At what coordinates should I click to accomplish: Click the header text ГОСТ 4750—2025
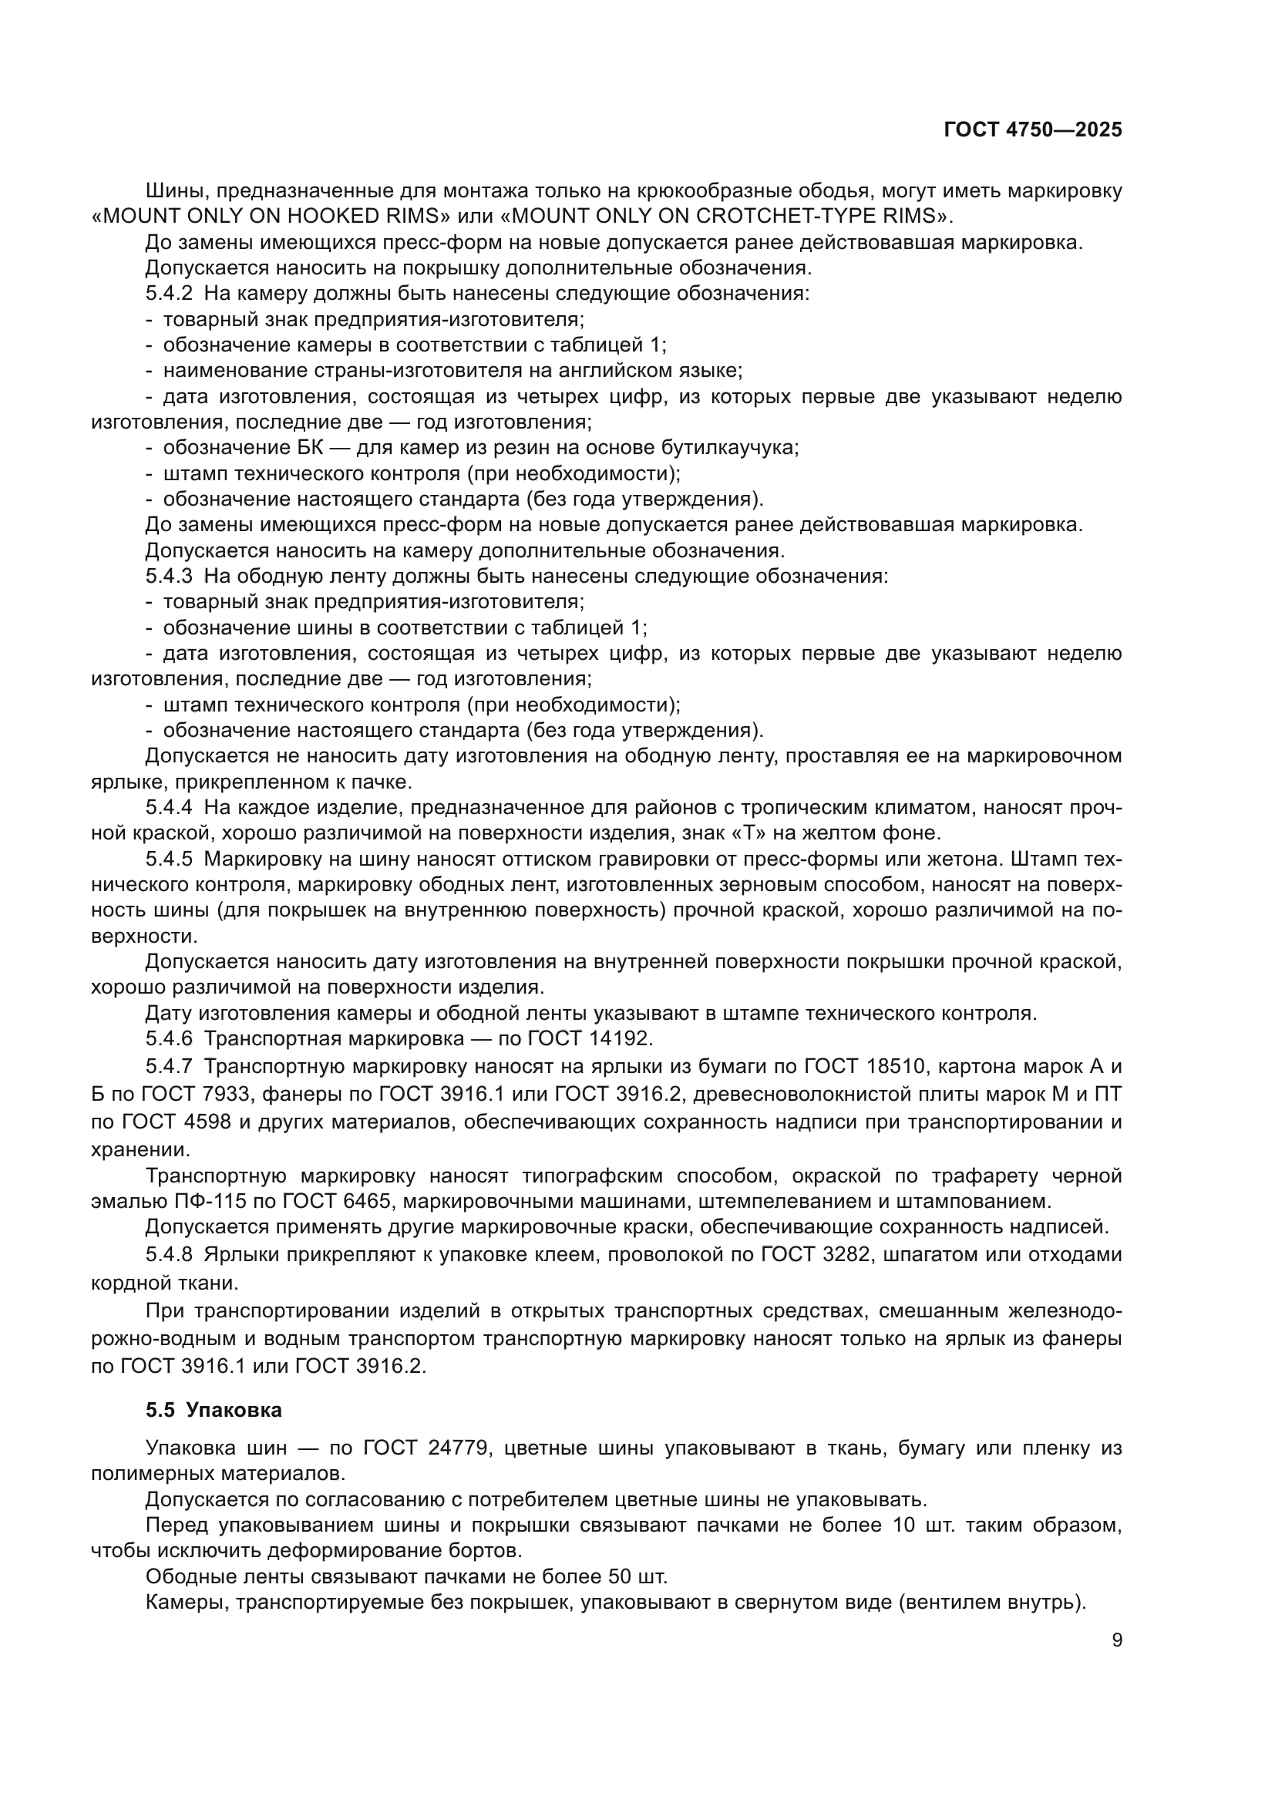click(1032, 130)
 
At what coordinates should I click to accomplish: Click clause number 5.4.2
click(169, 294)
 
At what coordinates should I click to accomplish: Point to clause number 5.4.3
click(169, 577)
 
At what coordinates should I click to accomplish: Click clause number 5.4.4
click(169, 808)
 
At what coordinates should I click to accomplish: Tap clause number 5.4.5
click(169, 859)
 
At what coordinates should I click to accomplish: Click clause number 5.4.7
click(169, 1066)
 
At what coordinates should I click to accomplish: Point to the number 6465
click(370, 1201)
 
